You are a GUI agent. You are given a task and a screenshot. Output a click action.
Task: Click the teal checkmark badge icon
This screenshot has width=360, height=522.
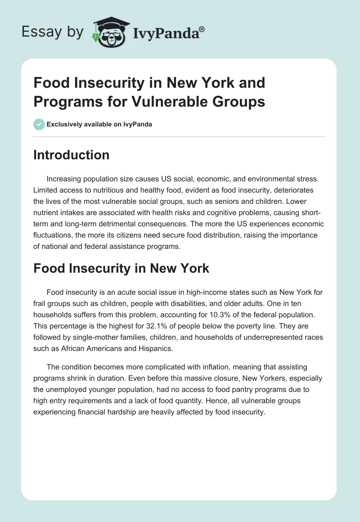[x=39, y=124]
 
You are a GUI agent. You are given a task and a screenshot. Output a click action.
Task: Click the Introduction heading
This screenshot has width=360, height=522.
[x=72, y=155]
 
